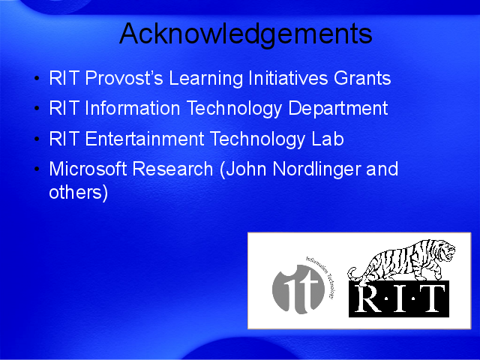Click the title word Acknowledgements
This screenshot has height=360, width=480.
coord(246,34)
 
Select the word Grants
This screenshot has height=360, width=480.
coord(362,78)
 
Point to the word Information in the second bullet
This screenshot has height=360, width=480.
coord(133,108)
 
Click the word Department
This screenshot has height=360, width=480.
coord(338,108)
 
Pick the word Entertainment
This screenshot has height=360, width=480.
coord(145,138)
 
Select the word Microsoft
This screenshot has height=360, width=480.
coord(88,168)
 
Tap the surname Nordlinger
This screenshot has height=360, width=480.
coord(316,169)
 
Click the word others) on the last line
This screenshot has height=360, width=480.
coord(79,193)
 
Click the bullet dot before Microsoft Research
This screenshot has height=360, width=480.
coord(37,169)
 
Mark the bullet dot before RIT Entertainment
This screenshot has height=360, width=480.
coord(37,139)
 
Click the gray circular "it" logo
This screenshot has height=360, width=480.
coord(298,289)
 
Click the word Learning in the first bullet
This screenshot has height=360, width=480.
coord(205,78)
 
